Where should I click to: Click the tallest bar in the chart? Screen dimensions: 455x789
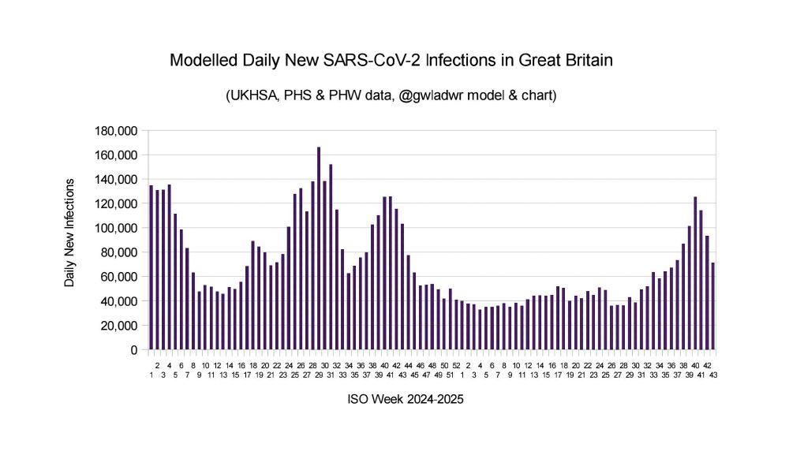pos(319,248)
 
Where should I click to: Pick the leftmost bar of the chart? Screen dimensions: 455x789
pos(151,267)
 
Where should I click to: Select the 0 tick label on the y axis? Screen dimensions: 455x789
pos(135,349)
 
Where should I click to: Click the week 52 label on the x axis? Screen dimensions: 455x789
pos(457,365)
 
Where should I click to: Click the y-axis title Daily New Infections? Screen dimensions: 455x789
pos(70,232)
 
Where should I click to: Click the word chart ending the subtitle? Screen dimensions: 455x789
pos(540,96)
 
